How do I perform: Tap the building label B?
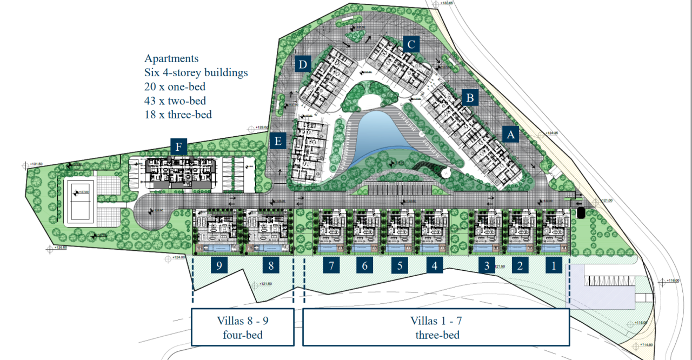[470, 98]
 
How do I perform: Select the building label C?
[411, 44]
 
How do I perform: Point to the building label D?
[303, 65]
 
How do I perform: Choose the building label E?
[278, 142]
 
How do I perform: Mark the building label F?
[178, 146]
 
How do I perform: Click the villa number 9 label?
[219, 265]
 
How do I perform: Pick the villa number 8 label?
[271, 265]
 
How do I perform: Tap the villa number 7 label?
[331, 265]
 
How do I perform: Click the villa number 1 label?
[553, 265]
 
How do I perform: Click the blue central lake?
[381, 135]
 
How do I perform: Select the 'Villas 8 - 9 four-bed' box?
[243, 327]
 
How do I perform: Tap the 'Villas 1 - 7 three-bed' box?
[436, 327]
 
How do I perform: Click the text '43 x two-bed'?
[175, 101]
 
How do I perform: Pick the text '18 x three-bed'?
[178, 115]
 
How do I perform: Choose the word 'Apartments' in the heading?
[171, 58]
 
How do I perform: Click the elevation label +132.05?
[446, 3]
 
